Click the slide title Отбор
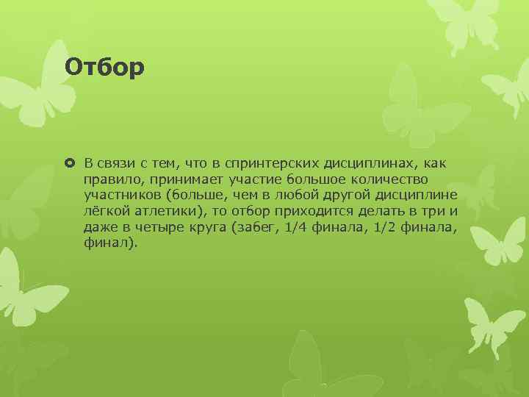(x=104, y=67)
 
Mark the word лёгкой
(x=105, y=211)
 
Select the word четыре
(x=152, y=227)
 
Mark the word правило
(x=109, y=179)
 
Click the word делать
(x=365, y=211)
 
